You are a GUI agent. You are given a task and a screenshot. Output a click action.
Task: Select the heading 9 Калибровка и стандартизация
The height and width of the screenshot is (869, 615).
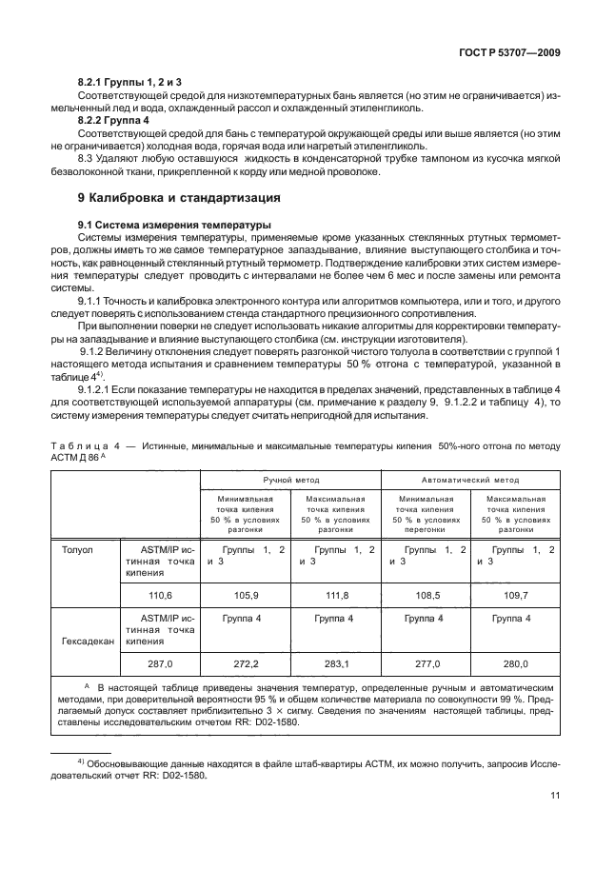pyautogui.click(x=178, y=199)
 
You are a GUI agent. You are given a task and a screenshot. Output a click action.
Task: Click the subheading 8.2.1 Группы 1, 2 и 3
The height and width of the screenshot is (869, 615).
pyautogui.click(x=129, y=82)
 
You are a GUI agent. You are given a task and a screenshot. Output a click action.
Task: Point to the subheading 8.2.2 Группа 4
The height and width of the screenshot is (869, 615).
pyautogui.click(x=113, y=122)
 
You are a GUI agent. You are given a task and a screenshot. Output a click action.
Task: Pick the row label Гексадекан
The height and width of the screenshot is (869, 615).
pyautogui.click(x=88, y=641)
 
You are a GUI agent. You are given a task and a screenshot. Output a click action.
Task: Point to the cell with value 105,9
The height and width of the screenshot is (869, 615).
pyautogui.click(x=246, y=593)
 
